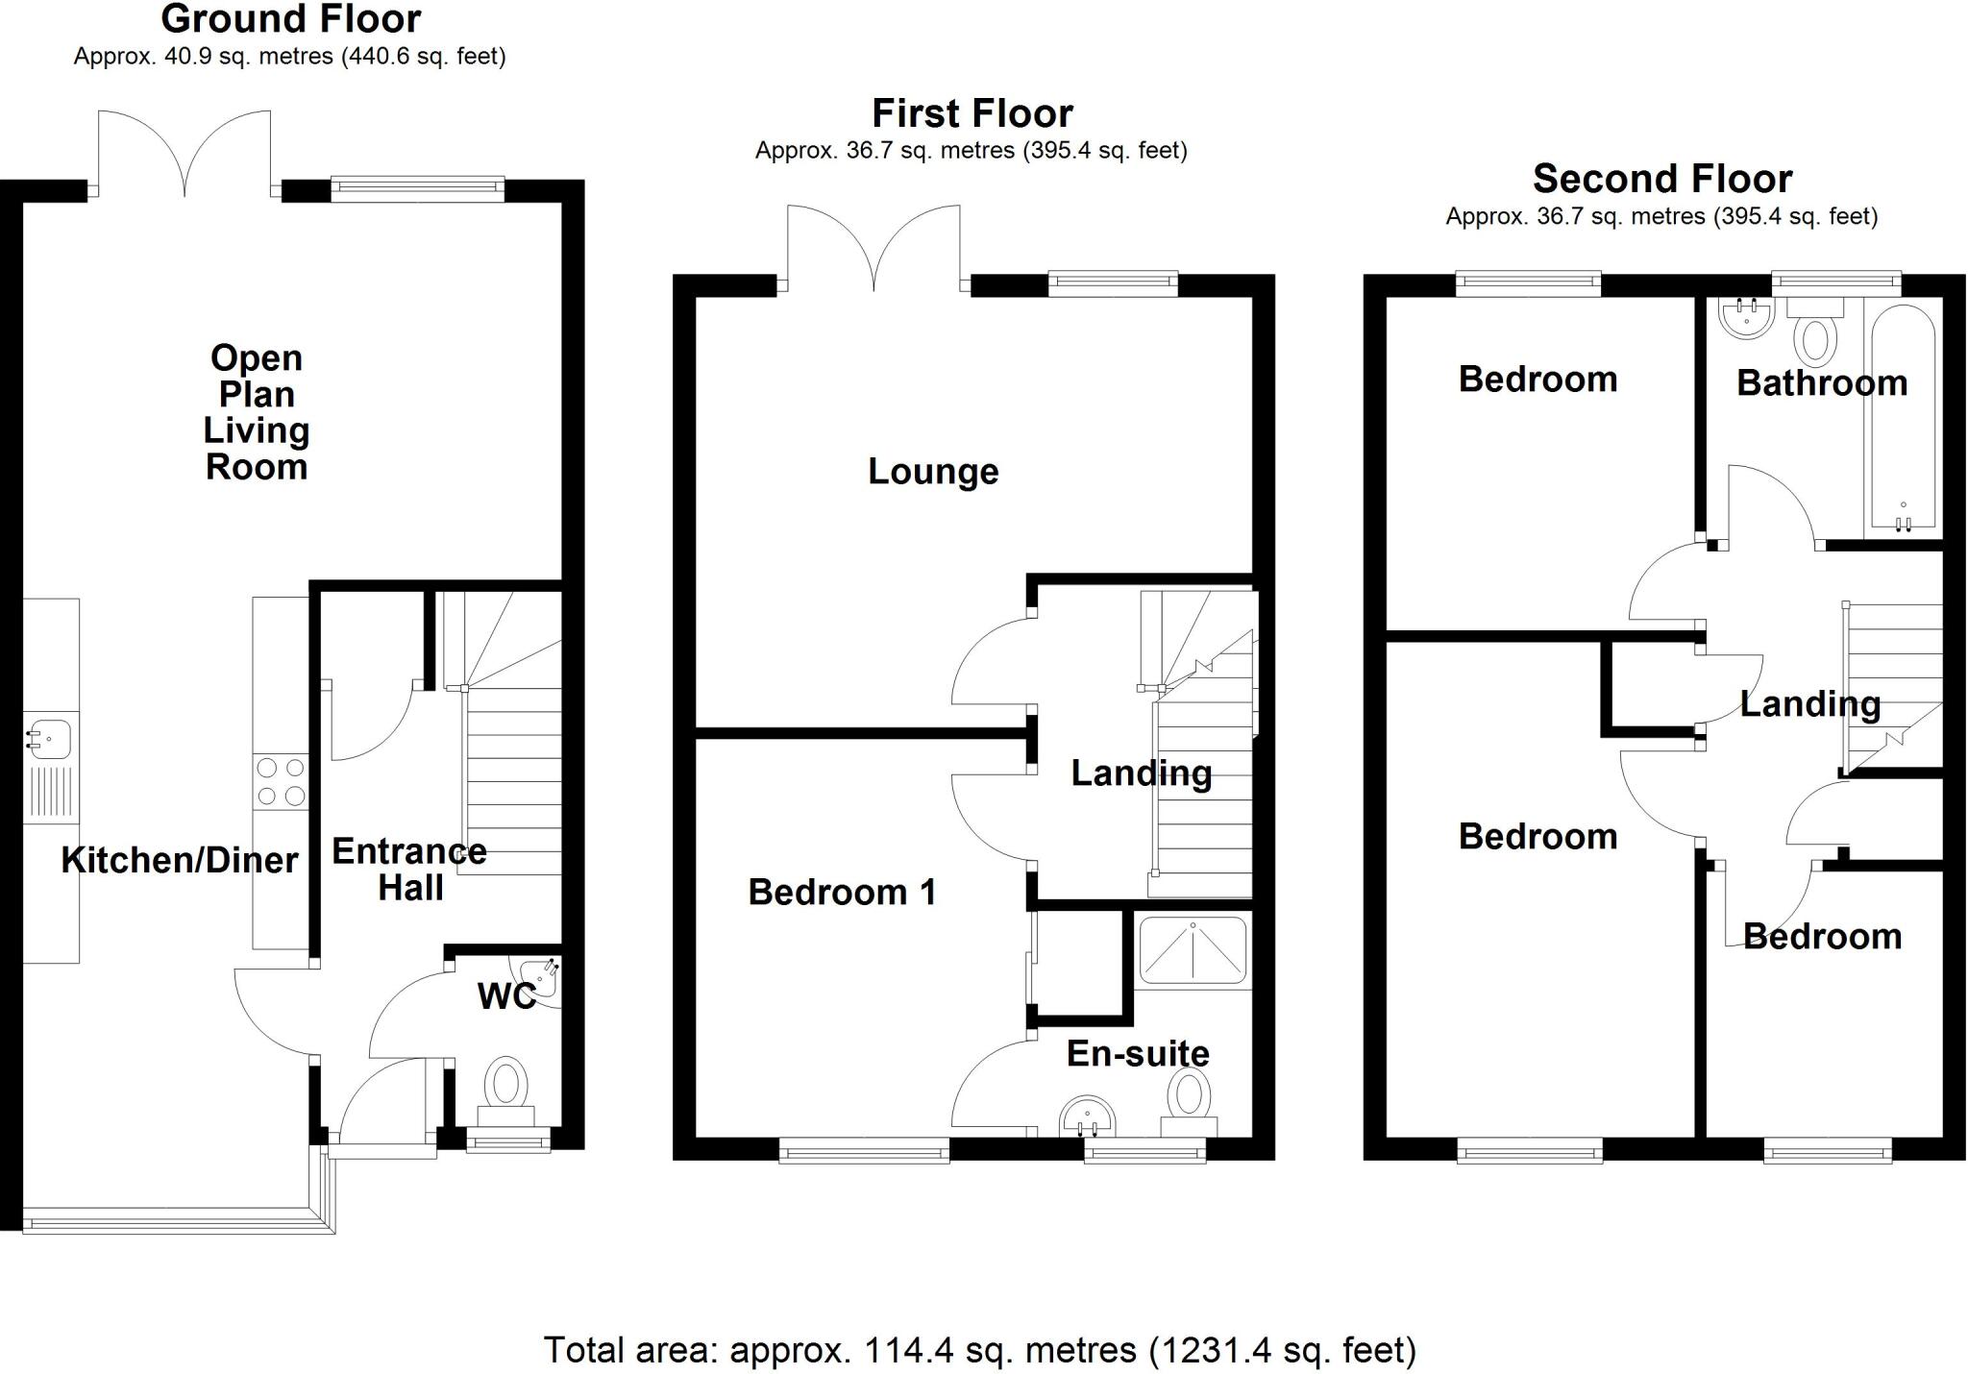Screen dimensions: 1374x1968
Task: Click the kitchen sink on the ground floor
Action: [48, 739]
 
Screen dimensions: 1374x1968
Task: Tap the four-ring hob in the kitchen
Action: [281, 781]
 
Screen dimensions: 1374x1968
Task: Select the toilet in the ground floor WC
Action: [506, 1086]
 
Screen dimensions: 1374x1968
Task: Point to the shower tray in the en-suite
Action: [1193, 951]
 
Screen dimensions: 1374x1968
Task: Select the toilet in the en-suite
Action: [1190, 1098]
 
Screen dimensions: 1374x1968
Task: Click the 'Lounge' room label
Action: [933, 472]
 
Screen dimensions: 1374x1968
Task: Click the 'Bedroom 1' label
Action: [842, 893]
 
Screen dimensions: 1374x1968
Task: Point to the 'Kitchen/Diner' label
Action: [180, 860]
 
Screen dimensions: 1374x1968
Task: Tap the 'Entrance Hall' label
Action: [409, 870]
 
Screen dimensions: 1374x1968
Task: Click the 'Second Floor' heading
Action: [1661, 179]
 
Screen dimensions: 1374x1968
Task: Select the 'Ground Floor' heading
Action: [290, 19]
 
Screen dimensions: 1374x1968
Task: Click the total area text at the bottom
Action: [979, 1350]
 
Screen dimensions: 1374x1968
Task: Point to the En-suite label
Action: [1138, 1054]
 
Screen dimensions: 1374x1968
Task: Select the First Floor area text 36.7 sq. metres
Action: [971, 151]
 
